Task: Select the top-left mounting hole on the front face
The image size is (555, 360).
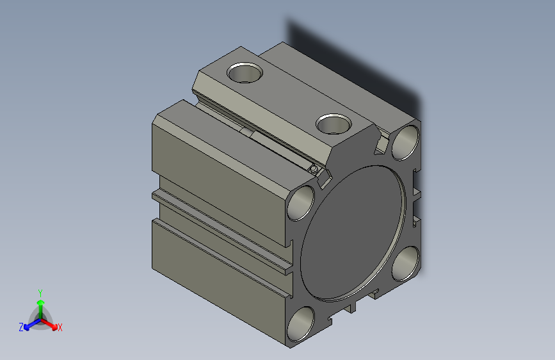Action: click(302, 204)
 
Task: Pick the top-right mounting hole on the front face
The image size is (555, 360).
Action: click(405, 143)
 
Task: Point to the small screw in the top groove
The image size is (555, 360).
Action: click(313, 169)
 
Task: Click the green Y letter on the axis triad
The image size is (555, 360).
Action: click(40, 291)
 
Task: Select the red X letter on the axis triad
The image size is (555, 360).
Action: click(60, 328)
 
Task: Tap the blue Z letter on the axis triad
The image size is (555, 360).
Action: click(21, 327)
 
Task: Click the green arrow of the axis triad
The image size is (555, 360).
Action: click(40, 304)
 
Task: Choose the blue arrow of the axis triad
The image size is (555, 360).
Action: click(29, 324)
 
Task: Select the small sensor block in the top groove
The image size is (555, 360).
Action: click(247, 132)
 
